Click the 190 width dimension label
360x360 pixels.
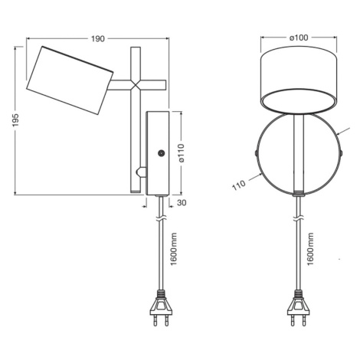(x=98, y=39)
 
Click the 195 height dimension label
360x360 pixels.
(x=16, y=120)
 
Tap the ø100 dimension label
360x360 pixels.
(x=299, y=38)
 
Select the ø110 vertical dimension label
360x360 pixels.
(x=181, y=153)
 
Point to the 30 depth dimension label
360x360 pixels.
(x=182, y=203)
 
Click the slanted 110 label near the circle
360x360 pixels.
(x=239, y=185)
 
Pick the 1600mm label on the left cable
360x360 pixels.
(x=174, y=249)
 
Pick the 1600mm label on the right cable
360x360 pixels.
(x=310, y=249)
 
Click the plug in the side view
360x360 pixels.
(x=161, y=308)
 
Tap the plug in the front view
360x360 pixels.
(x=299, y=308)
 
